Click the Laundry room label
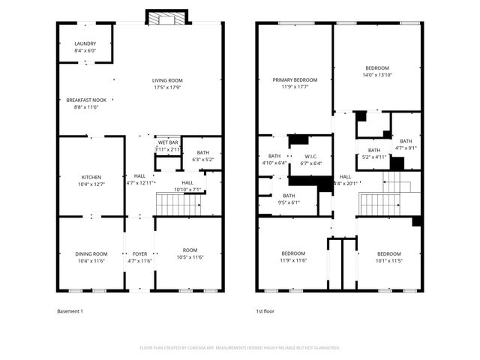point(85,43)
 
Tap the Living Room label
point(167,80)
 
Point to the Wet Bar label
point(166,142)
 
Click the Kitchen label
point(91,177)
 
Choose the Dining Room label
point(91,253)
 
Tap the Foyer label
point(140,253)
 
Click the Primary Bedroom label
point(294,80)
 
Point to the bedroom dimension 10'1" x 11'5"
point(388,260)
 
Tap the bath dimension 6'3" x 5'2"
point(203,159)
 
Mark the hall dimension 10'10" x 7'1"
point(187,189)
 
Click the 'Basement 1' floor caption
point(70,310)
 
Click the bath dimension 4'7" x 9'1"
point(406,148)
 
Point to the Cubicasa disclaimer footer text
point(240,347)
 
